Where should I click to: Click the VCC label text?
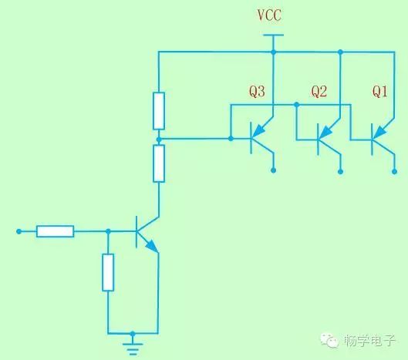pos(269,15)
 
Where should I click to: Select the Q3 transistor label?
pos(257,92)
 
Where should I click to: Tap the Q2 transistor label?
pos(319,92)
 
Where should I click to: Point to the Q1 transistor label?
pos(380,92)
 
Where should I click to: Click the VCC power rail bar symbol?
pos(273,35)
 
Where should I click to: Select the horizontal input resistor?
pos(56,231)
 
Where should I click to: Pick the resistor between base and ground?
pos(108,272)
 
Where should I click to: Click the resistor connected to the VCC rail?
pos(159,111)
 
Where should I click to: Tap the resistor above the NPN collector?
pos(159,163)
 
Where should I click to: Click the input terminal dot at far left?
pos(19,231)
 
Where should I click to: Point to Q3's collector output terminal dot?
pos(273,170)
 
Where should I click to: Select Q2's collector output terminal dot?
pos(340,171)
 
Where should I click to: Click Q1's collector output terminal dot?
pos(394,171)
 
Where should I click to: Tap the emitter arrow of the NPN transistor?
pos(152,246)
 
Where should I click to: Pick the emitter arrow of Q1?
pos(380,132)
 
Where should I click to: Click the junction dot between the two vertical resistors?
pos(159,140)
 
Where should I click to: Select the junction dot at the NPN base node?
pos(108,231)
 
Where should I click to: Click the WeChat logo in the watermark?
pos(329,340)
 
